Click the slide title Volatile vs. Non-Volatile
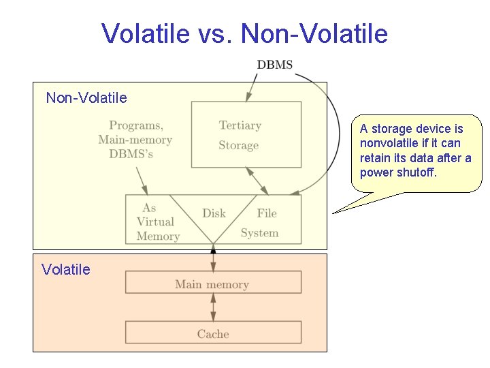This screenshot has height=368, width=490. tap(244, 33)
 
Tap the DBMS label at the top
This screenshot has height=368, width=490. tap(275, 65)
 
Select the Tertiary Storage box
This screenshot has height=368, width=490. tap(246, 135)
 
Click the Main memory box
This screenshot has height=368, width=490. tap(212, 284)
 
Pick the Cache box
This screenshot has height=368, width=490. tap(212, 334)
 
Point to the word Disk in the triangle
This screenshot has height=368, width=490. tap(214, 213)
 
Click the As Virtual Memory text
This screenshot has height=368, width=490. tap(157, 222)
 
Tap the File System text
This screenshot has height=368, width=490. tap(261, 223)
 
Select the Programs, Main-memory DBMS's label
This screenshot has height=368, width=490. tap(135, 140)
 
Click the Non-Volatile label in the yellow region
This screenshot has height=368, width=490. tap(86, 98)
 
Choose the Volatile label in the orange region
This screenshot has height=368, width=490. tap(65, 270)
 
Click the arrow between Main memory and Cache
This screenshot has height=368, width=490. tap(213, 307)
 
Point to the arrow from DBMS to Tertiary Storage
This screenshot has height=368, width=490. tap(252, 87)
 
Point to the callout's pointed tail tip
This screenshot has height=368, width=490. tap(333, 213)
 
